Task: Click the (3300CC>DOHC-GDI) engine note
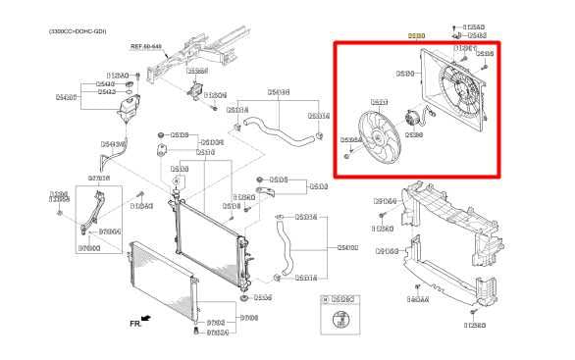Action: pos(78,31)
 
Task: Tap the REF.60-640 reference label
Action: pos(147,45)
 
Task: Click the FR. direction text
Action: pos(134,321)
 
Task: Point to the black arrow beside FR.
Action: pos(147,318)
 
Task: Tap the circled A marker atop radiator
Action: pos(176,182)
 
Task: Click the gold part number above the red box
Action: pos(417,35)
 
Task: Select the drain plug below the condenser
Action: pos(197,331)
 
